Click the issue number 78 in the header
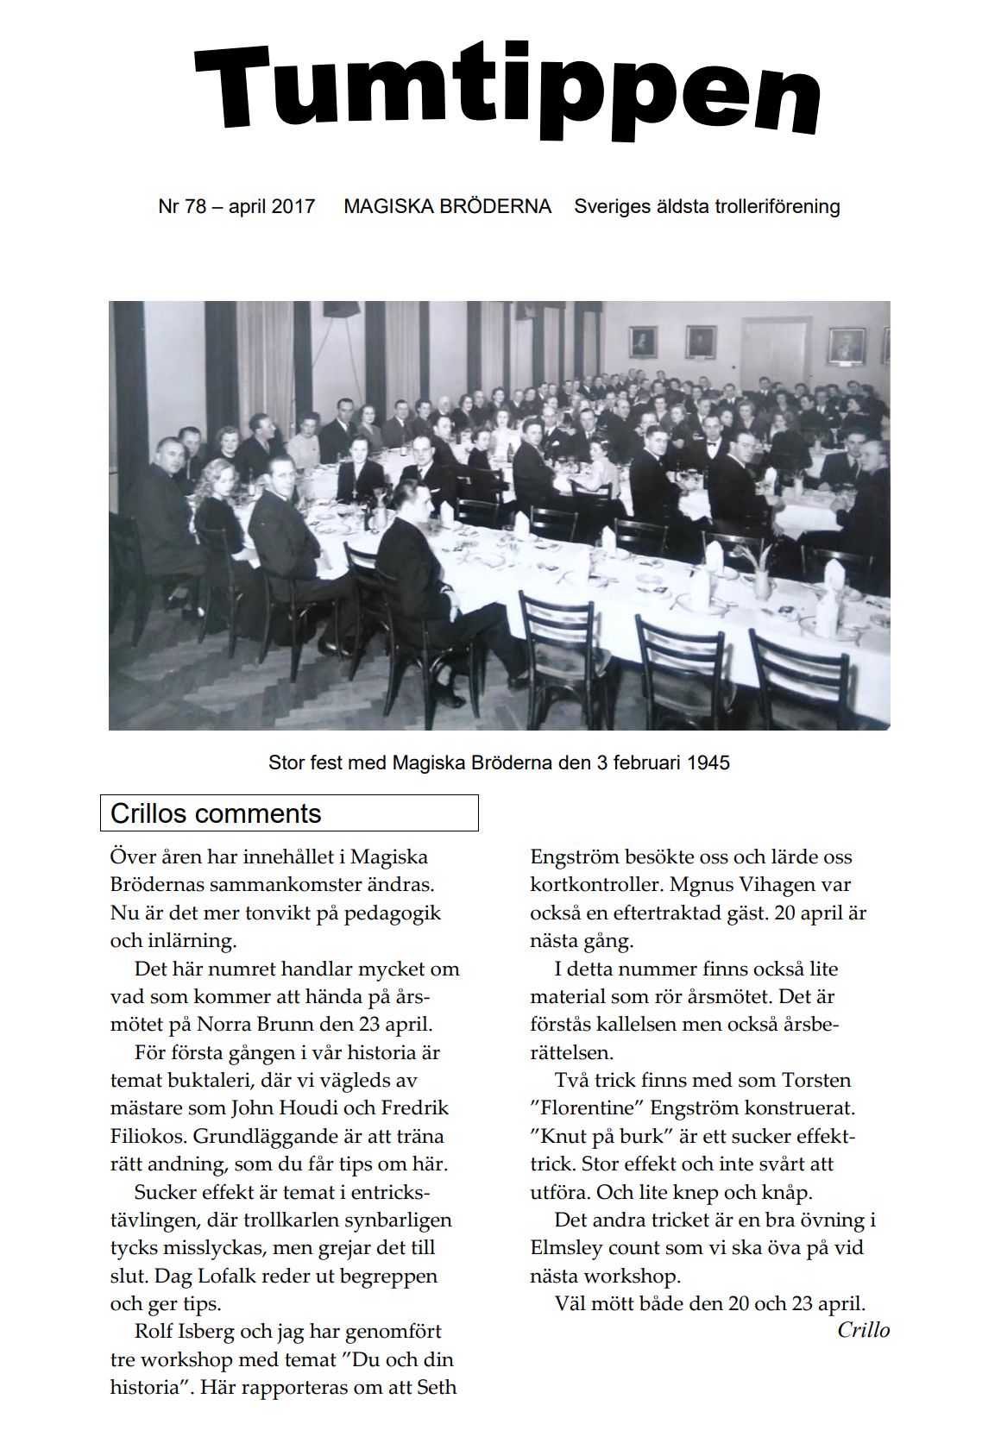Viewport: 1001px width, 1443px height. click(196, 207)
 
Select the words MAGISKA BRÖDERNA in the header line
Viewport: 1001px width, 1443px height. click(447, 207)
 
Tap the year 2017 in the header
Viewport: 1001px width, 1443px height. click(293, 207)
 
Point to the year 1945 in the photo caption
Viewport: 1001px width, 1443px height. click(708, 763)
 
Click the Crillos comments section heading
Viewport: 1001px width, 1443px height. click(216, 813)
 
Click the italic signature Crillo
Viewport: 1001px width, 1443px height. click(863, 1330)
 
